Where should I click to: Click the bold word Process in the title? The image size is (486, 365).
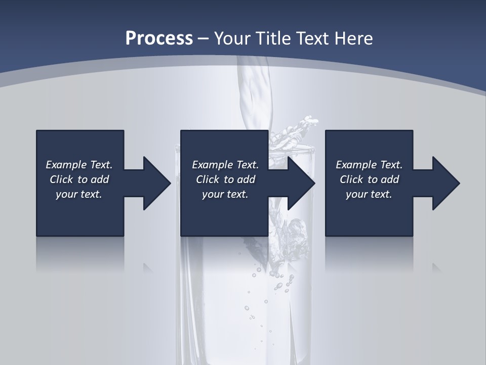point(159,38)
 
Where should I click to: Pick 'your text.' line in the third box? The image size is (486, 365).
point(369,194)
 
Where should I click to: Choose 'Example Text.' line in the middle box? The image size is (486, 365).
point(225,165)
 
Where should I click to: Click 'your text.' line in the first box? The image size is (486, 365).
point(79,194)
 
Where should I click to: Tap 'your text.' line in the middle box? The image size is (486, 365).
point(225,194)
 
